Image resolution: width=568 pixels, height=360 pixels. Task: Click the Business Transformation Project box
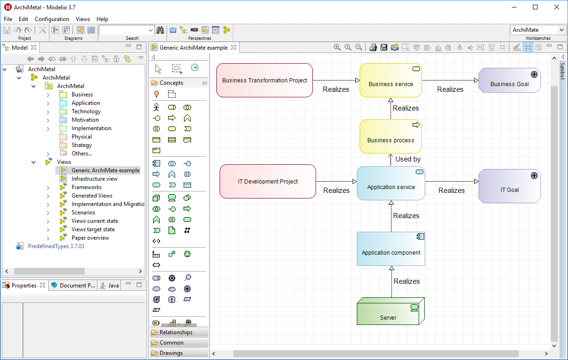pyautogui.click(x=265, y=80)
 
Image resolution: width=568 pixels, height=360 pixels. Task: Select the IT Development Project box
pyautogui.click(x=268, y=181)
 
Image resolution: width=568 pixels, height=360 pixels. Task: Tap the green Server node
pyautogui.click(x=391, y=311)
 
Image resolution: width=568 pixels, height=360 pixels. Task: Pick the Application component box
pyautogui.click(x=391, y=249)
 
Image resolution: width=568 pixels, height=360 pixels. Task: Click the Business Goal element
pyautogui.click(x=509, y=80)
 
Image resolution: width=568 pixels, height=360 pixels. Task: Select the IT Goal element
pyautogui.click(x=509, y=186)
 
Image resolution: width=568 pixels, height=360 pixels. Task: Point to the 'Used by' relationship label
pyautogui.click(x=408, y=159)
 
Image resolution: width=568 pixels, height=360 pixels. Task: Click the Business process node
pyautogui.click(x=391, y=136)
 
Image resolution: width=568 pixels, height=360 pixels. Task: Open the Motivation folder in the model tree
pyautogui.click(x=85, y=120)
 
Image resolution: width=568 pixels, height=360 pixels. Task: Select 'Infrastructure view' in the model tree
pyautogui.click(x=94, y=179)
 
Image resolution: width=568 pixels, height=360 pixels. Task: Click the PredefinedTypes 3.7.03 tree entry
pyautogui.click(x=56, y=246)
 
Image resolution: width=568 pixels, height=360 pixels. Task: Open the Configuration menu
pyautogui.click(x=52, y=19)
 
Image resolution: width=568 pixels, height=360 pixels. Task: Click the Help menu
pyautogui.click(x=102, y=19)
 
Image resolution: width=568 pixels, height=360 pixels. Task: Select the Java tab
pyautogui.click(x=110, y=286)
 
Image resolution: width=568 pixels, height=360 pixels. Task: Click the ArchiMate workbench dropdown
pyautogui.click(x=538, y=30)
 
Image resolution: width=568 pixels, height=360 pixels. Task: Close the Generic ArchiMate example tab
pyautogui.click(x=234, y=47)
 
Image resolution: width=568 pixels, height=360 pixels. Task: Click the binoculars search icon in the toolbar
pyautogui.click(x=160, y=30)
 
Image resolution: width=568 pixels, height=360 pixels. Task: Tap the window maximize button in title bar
pyautogui.click(x=535, y=7)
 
